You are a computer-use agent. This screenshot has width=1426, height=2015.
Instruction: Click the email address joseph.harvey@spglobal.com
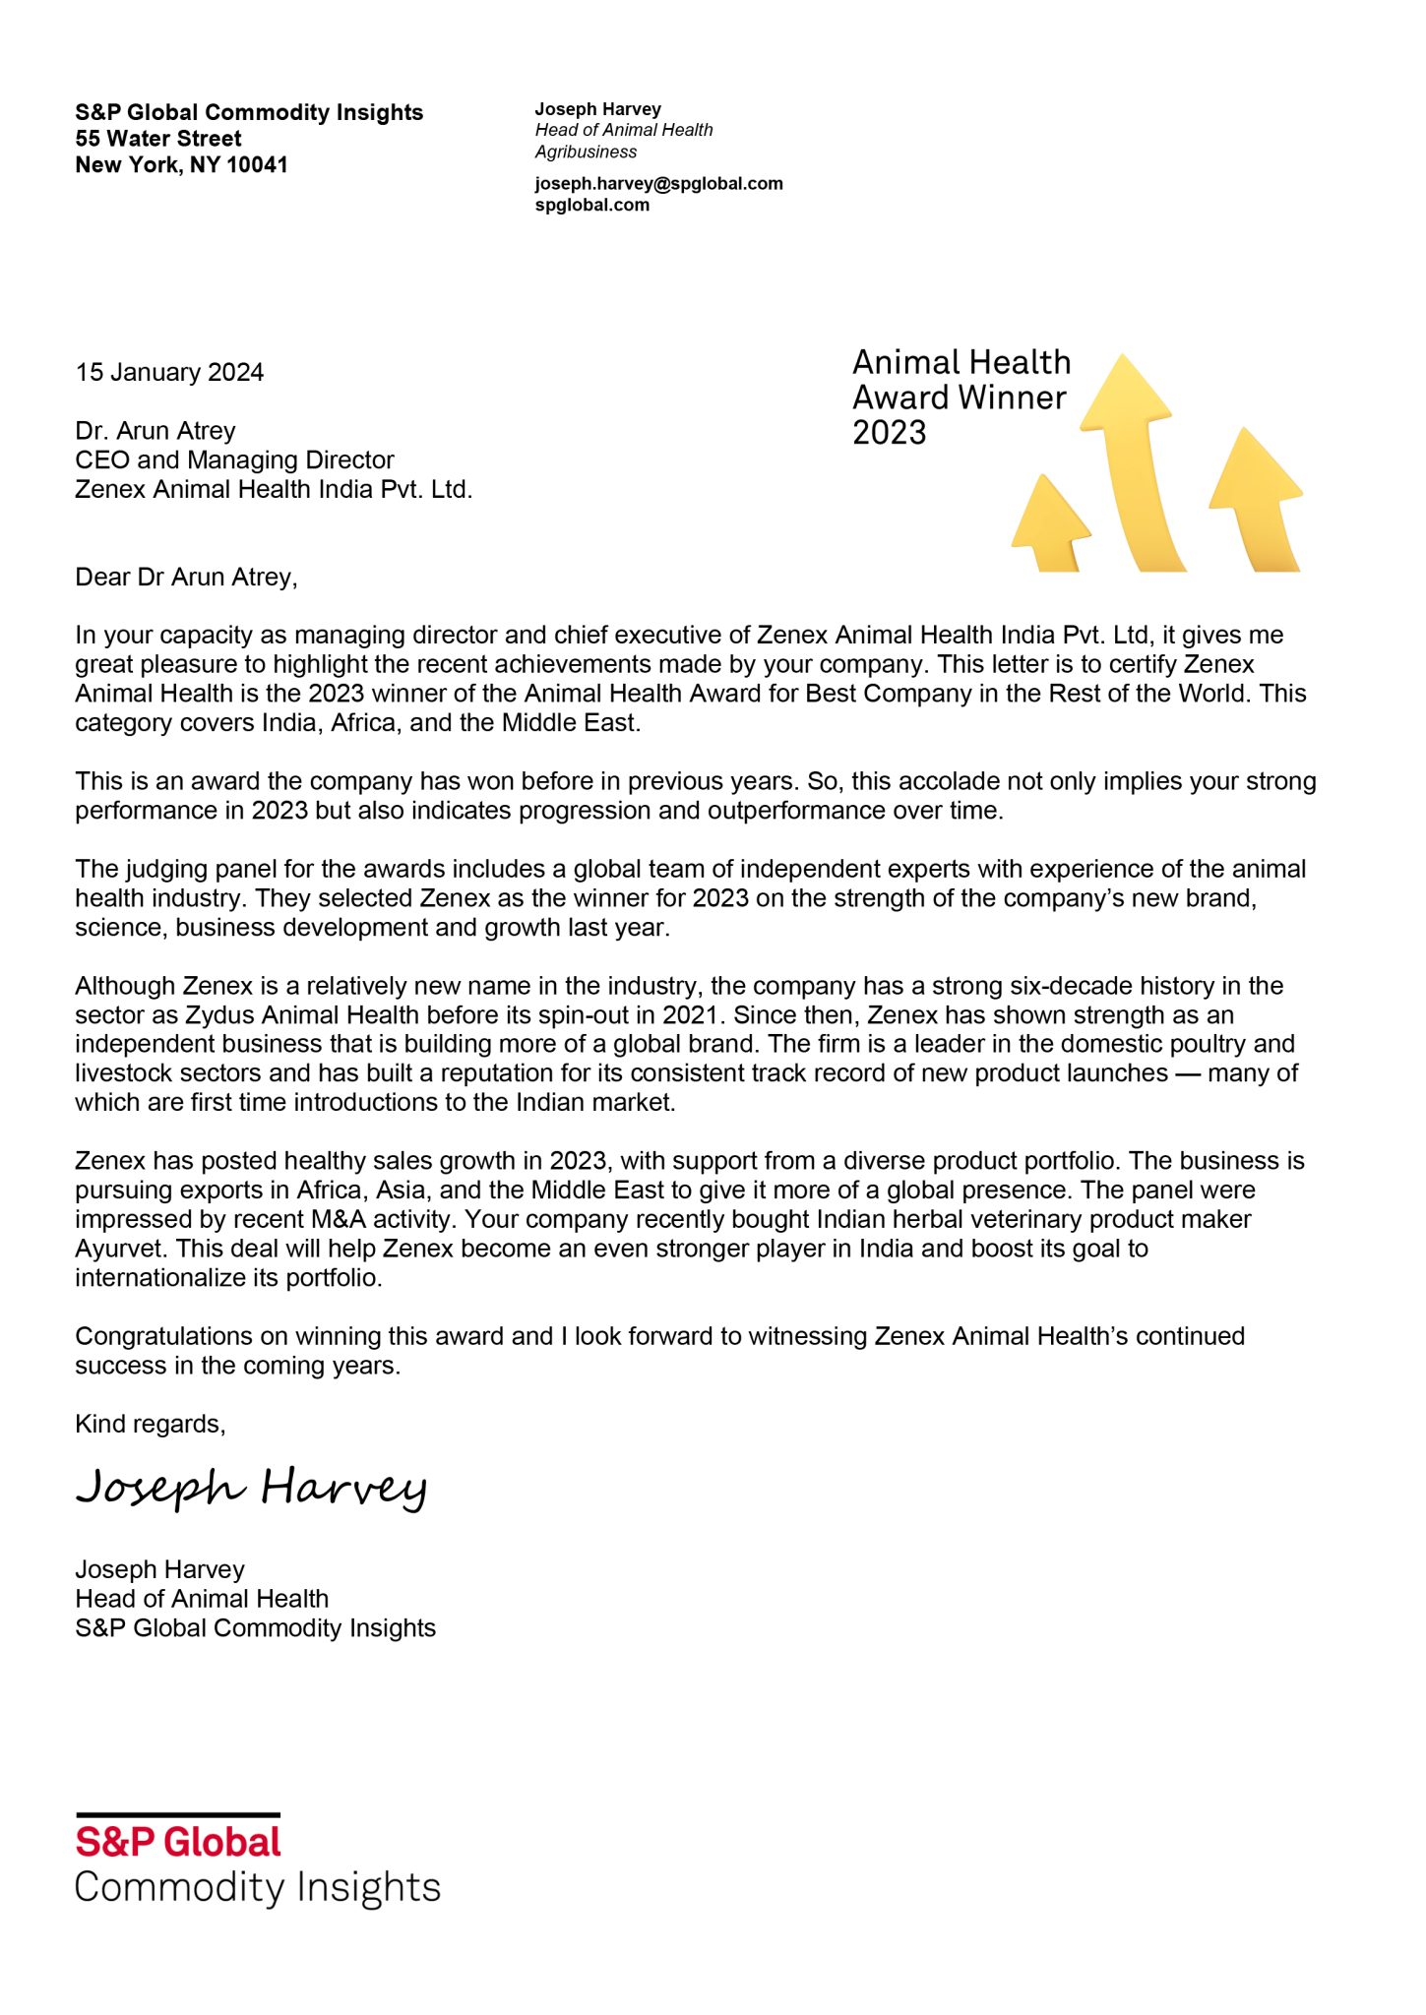[x=658, y=184]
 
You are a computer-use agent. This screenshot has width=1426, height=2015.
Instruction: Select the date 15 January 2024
[x=169, y=373]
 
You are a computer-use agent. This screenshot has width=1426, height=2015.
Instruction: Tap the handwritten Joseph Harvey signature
[x=251, y=1488]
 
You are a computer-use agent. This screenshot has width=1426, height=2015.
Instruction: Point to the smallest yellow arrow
[x=1049, y=521]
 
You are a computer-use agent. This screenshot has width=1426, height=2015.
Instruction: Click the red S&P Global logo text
[x=178, y=1843]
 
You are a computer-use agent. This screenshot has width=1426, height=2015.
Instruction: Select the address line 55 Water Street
[x=158, y=139]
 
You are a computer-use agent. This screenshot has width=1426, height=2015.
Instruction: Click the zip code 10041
[x=257, y=165]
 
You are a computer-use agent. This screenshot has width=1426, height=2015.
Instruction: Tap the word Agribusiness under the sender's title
[x=586, y=153]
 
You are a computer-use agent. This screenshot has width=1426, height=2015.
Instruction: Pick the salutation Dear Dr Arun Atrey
[x=186, y=578]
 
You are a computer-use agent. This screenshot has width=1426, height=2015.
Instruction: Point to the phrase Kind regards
[x=150, y=1425]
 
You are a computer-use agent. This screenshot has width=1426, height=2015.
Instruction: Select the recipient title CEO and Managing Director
[x=234, y=460]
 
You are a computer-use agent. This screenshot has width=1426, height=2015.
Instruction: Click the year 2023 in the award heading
[x=889, y=433]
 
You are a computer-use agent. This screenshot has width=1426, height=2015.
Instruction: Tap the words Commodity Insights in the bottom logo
[x=257, y=1888]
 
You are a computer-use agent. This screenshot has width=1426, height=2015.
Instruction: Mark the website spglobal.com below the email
[x=591, y=206]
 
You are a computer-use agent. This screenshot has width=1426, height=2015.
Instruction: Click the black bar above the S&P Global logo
[x=178, y=1814]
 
